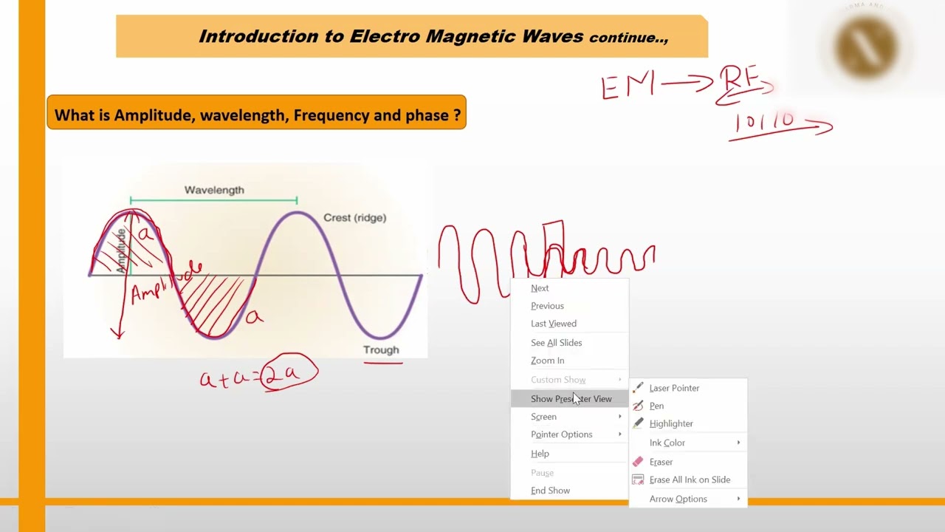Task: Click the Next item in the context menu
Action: (x=540, y=288)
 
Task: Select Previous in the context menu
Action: (x=547, y=306)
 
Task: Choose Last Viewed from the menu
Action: (x=553, y=324)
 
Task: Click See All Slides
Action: (x=556, y=343)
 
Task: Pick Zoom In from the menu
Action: (x=547, y=361)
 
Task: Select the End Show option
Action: (x=550, y=491)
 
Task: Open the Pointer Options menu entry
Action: (x=562, y=434)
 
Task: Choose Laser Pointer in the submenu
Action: (x=673, y=388)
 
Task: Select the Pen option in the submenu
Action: (x=656, y=406)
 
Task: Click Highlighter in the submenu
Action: (x=670, y=423)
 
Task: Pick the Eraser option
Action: (x=661, y=462)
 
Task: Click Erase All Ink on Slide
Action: (x=689, y=480)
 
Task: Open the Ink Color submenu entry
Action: (x=667, y=443)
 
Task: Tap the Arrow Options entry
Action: (x=678, y=499)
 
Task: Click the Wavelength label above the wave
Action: (x=214, y=190)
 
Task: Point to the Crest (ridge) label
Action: (x=354, y=217)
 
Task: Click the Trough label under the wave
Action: (x=381, y=349)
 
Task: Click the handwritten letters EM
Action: (x=628, y=86)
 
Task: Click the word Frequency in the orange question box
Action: (x=331, y=115)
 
